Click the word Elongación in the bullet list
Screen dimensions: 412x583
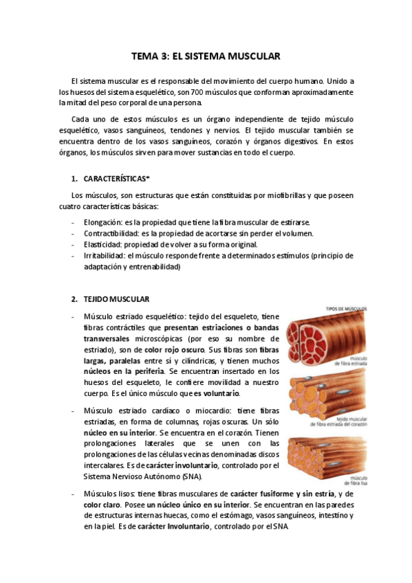[x=102, y=223]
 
